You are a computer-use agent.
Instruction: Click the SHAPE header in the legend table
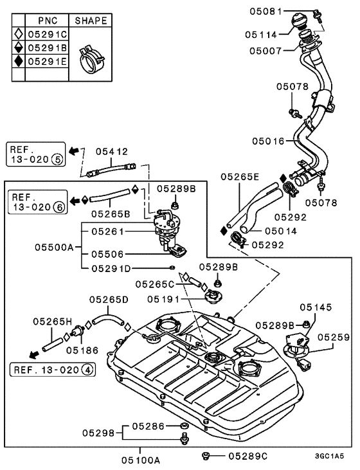coord(91,21)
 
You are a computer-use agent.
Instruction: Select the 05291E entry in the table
coord(44,62)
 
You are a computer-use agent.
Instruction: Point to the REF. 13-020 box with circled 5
coord(35,154)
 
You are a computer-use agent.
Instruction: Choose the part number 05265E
coord(240,176)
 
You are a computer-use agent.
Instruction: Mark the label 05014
coord(264,230)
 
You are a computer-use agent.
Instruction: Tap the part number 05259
coord(332,336)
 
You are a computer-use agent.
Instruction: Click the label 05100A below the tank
coord(139,460)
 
